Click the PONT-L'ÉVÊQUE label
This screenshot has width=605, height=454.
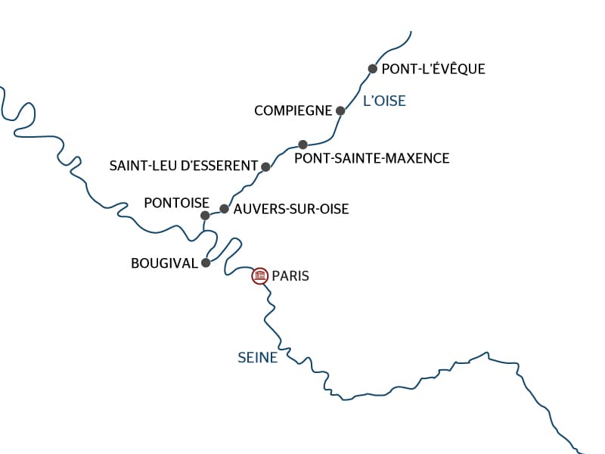point(433,69)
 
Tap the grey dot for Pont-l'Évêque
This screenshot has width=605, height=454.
point(372,69)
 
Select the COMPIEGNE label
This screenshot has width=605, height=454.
point(293,110)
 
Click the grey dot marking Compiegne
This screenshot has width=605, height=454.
point(340,110)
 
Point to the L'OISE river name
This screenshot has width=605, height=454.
point(384,101)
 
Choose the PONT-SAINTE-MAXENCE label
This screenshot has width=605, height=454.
point(371,158)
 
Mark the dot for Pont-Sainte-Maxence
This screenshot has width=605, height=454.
point(302,144)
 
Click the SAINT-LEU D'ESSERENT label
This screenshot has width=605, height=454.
point(183,166)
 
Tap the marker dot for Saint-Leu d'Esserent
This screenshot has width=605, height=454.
point(265,166)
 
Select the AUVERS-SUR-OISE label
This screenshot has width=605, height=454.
point(291,209)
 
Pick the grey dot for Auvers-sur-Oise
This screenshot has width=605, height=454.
point(224,209)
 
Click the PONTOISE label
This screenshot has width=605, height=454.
point(176,202)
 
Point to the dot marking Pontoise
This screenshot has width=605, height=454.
point(205,216)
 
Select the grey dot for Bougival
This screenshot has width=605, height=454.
point(205,263)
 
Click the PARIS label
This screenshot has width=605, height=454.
point(290,276)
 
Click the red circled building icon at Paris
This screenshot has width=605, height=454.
point(260,276)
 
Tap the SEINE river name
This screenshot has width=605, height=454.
point(257,358)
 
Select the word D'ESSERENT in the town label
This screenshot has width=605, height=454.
point(221,166)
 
